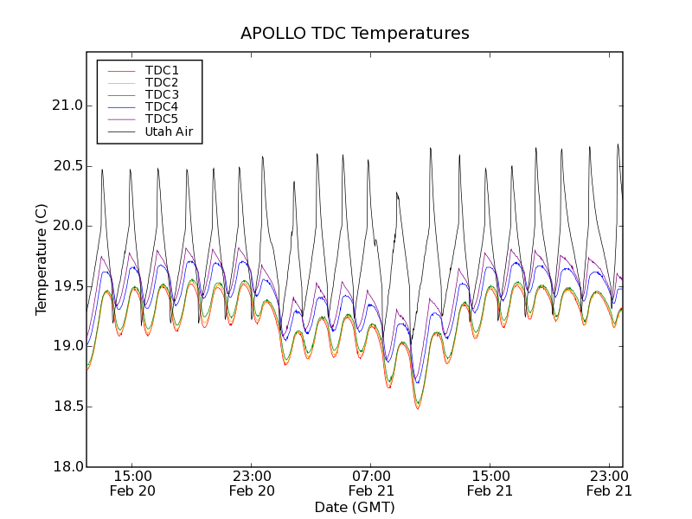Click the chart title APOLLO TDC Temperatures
tap(355, 34)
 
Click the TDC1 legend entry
tap(162, 70)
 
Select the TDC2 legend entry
tap(162, 82)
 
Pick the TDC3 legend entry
tap(162, 94)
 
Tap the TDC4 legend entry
tap(162, 106)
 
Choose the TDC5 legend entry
tap(162, 119)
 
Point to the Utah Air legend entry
tap(169, 131)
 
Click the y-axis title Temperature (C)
tap(42, 259)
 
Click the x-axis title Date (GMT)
tap(355, 507)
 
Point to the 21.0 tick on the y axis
tap(66, 106)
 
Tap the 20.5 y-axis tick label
tap(66, 166)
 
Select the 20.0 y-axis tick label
tap(66, 226)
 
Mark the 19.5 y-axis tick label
tap(66, 286)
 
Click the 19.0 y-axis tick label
tap(66, 346)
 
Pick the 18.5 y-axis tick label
tap(66, 407)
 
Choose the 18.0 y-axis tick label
tap(66, 466)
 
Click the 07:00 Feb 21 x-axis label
tap(371, 483)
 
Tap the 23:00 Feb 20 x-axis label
tap(252, 483)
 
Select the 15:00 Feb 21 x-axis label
tap(490, 483)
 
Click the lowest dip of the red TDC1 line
tap(418, 408)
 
